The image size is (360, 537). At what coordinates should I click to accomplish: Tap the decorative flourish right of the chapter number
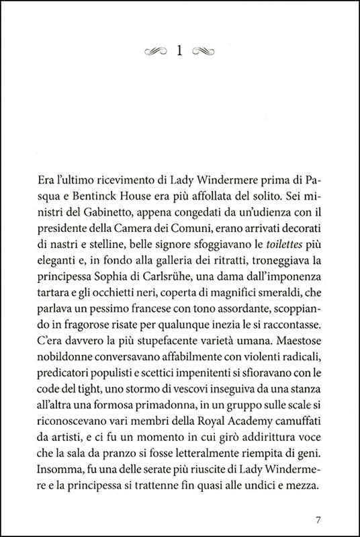(x=203, y=50)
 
